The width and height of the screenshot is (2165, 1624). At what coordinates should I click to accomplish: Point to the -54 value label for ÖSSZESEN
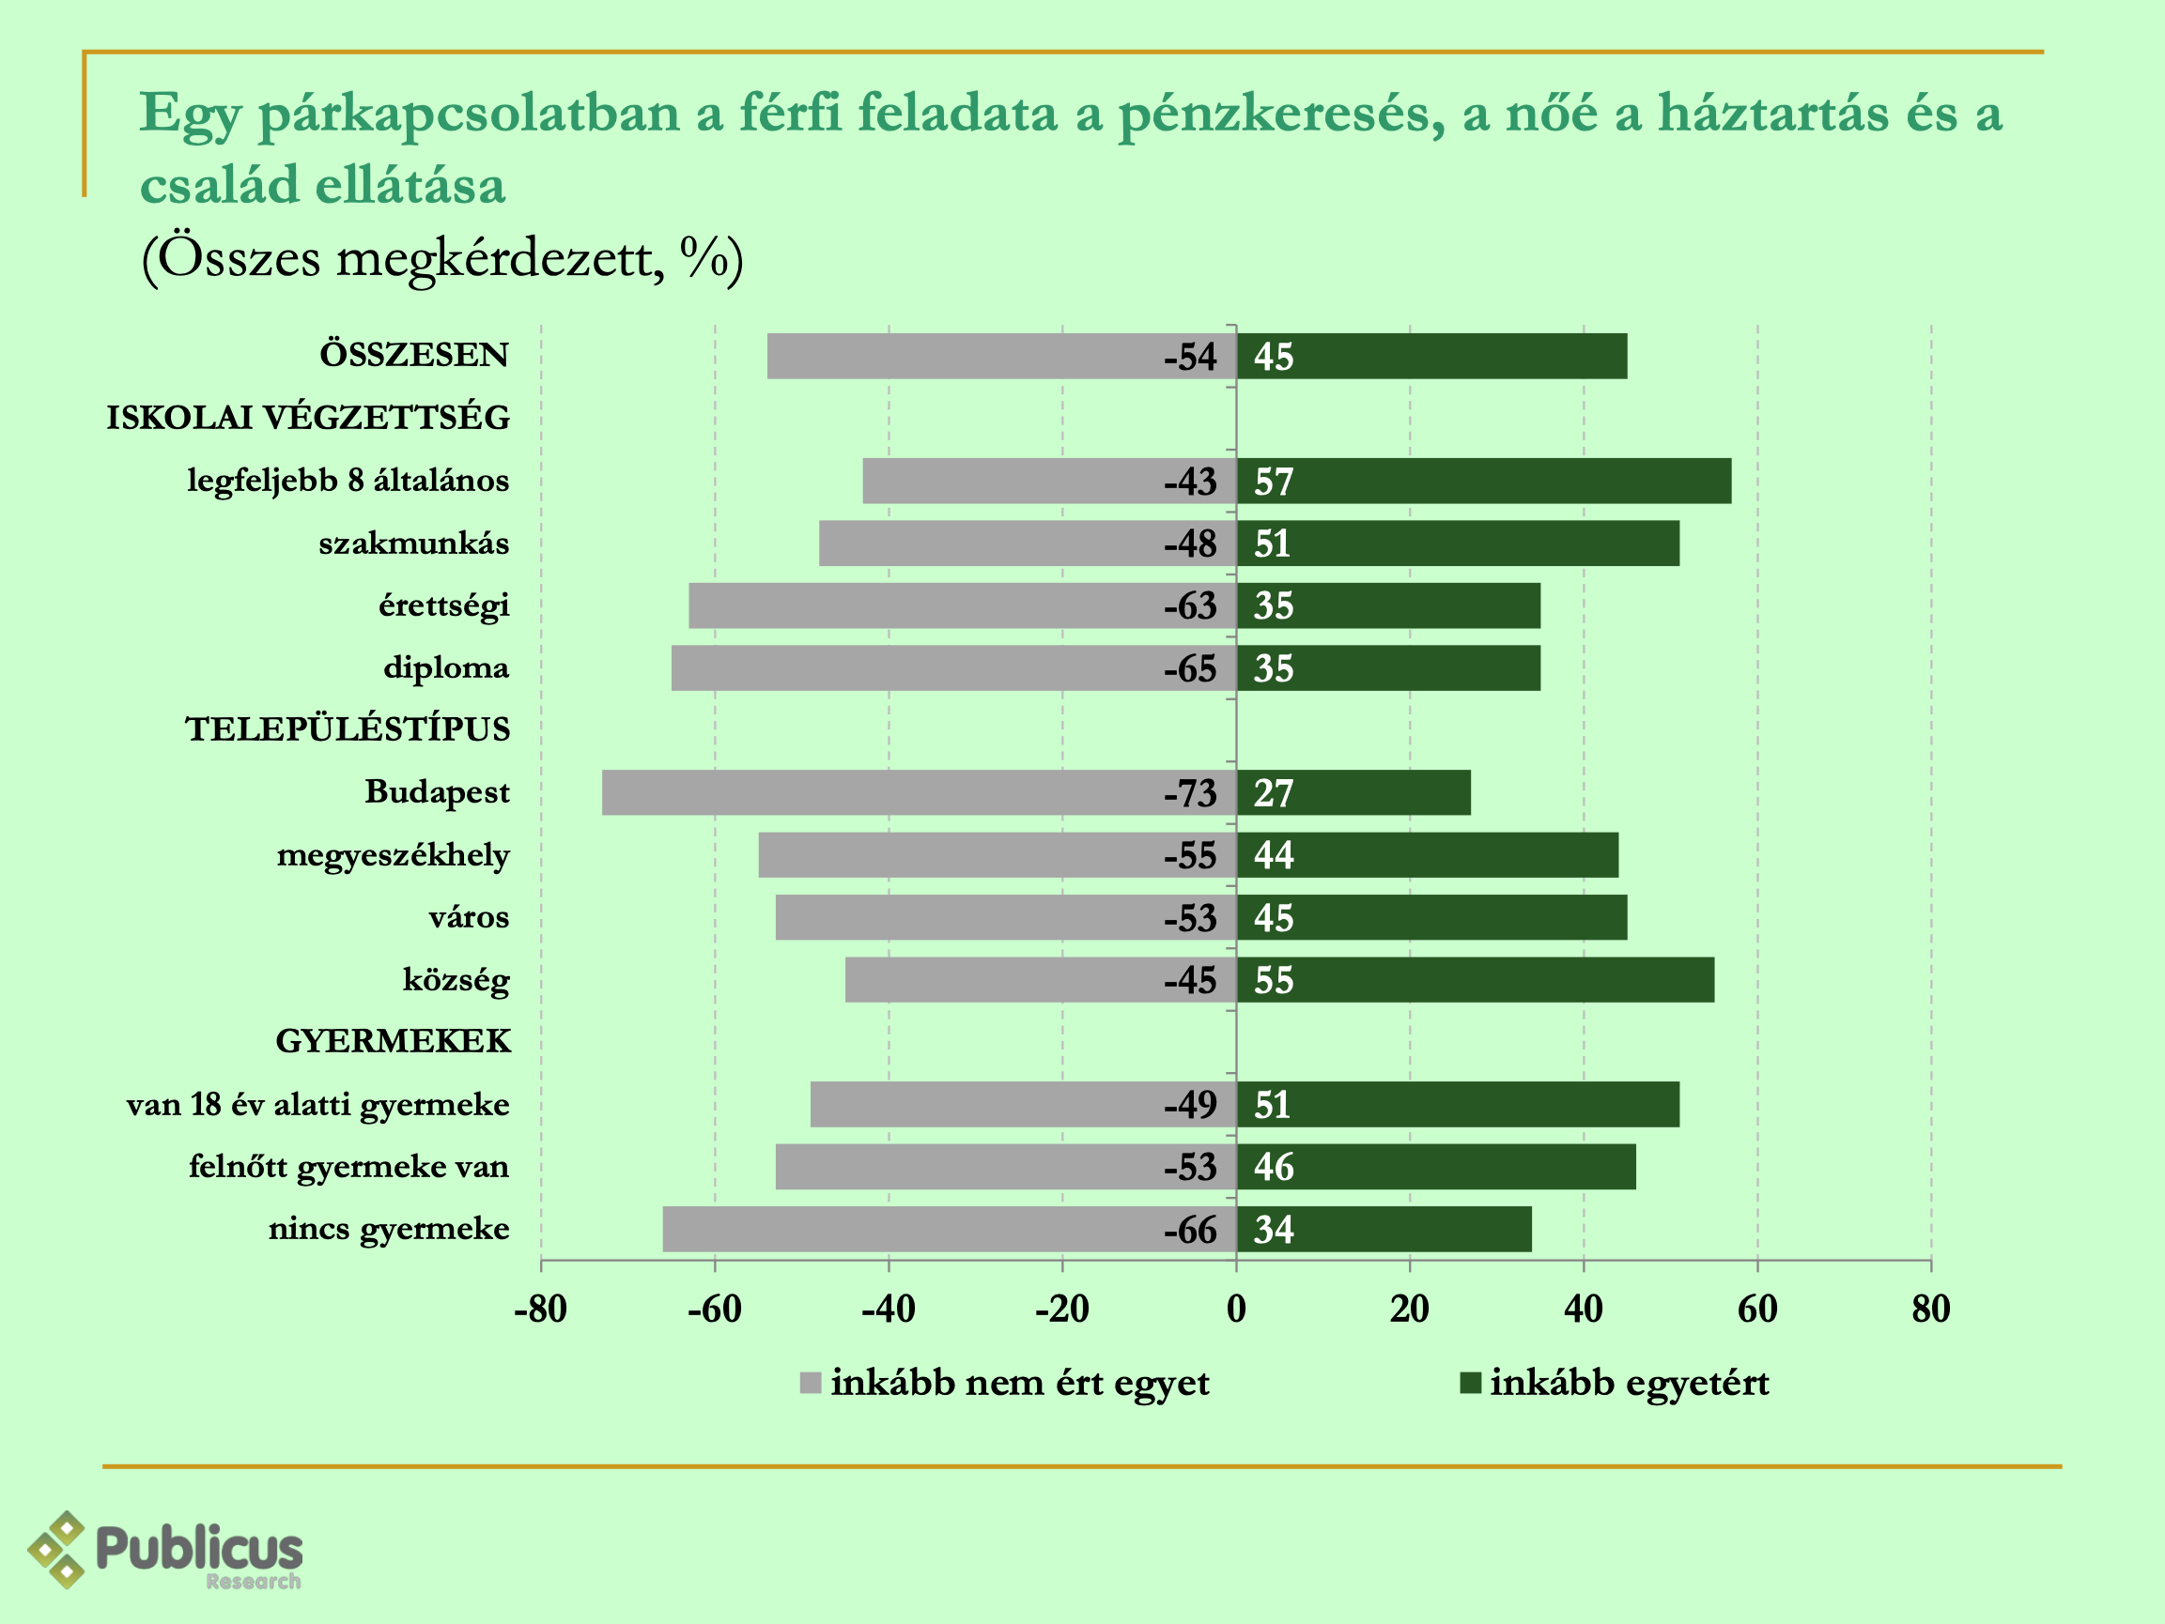coord(1189,357)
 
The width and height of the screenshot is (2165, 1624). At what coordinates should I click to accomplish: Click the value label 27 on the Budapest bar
coord(1274,793)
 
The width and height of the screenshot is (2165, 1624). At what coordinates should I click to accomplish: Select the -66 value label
coord(1189,1230)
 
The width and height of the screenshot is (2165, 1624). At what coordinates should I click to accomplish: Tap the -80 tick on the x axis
coord(540,1309)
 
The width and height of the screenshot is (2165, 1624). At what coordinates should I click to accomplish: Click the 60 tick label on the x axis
coord(1756,1309)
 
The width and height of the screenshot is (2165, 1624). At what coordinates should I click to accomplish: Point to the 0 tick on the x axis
coord(1236,1309)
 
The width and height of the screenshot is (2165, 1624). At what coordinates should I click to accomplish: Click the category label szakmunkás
coord(413,543)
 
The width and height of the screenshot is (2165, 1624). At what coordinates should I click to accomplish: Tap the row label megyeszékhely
coord(393,855)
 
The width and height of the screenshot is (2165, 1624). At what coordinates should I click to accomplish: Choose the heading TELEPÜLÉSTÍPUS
coord(348,729)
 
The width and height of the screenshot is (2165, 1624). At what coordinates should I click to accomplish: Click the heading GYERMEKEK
coord(393,1041)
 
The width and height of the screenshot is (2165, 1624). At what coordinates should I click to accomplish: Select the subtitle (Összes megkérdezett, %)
coord(442,259)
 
